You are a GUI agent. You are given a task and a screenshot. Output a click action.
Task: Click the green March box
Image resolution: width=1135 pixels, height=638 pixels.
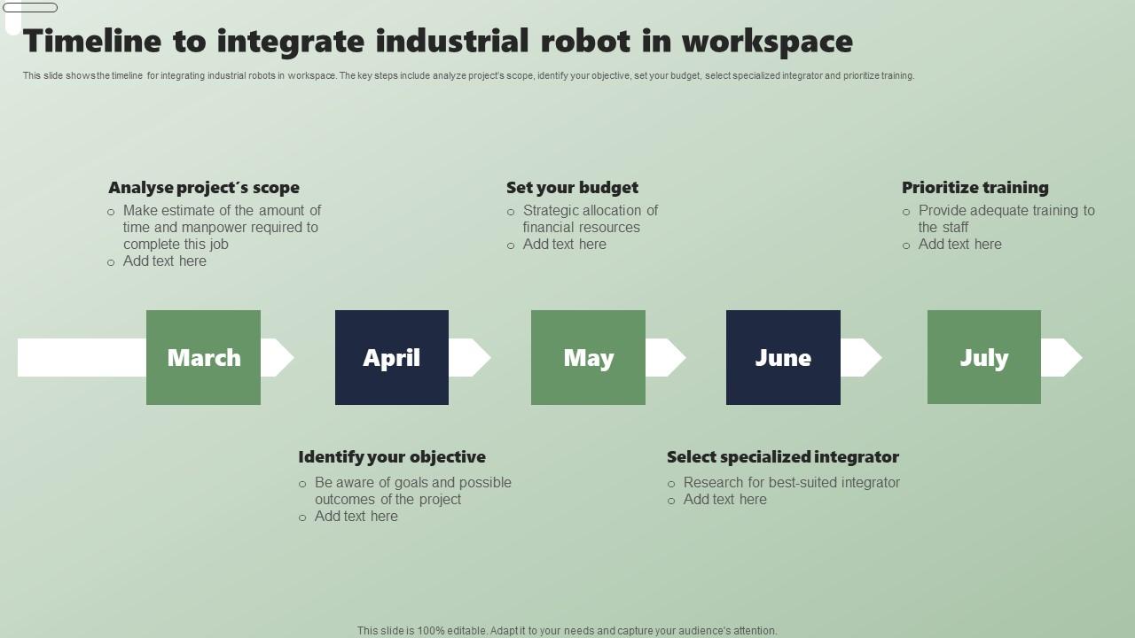(203, 357)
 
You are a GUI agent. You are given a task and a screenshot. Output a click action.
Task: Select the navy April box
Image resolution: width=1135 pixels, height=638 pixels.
(391, 357)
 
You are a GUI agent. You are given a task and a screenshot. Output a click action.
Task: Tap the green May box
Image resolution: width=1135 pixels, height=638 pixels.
(588, 357)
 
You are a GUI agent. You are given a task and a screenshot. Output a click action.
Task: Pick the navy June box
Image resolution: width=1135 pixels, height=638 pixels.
(783, 357)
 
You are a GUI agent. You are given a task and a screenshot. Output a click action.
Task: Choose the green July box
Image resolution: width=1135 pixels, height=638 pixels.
(983, 357)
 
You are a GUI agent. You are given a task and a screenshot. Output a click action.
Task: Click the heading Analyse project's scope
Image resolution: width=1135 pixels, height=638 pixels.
(204, 188)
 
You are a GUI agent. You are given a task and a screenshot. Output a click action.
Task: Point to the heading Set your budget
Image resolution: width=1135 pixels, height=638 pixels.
(572, 188)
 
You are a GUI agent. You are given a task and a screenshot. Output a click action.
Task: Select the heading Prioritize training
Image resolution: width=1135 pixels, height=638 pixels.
(975, 188)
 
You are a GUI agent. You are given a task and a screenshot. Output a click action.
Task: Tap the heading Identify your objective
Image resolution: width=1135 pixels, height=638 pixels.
(392, 457)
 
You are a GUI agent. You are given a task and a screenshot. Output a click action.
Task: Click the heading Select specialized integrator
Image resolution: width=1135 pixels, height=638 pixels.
(782, 457)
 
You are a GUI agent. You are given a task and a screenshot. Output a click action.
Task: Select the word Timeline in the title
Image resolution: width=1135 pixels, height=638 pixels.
(92, 42)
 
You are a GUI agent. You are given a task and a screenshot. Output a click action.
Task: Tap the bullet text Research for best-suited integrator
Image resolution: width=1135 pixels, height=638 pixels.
(791, 483)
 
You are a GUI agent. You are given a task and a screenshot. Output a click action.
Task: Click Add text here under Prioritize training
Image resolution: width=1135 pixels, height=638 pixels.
(959, 245)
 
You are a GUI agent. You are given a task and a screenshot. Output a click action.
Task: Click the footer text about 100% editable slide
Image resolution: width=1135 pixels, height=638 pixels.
(567, 631)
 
